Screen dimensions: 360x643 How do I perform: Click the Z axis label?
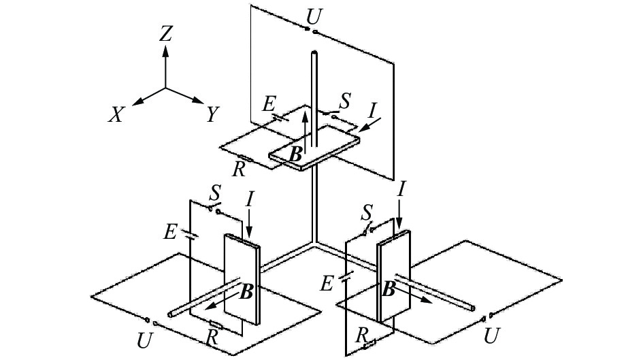coord(165,34)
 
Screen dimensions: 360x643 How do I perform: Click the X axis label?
coord(117,115)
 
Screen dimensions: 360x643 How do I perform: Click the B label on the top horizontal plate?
coord(295,154)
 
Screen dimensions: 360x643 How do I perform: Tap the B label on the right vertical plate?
coord(389,289)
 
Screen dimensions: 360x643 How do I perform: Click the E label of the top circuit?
coord(269,104)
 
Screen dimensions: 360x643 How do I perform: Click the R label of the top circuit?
coord(239,169)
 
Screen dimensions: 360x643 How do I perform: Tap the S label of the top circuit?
coord(345,101)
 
